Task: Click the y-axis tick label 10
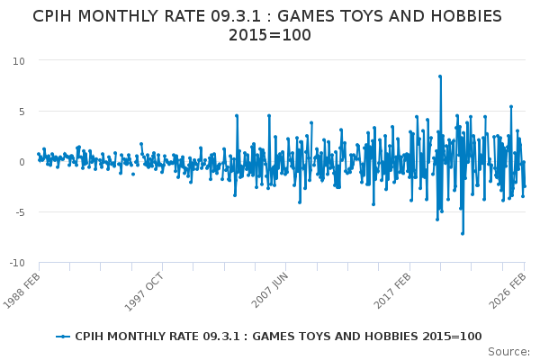[19, 60]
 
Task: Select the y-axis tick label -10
[17, 263]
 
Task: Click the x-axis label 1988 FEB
[23, 290]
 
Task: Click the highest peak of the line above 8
[440, 76]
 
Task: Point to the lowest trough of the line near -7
[463, 234]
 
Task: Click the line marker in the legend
[62, 337]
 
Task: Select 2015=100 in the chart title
[270, 36]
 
